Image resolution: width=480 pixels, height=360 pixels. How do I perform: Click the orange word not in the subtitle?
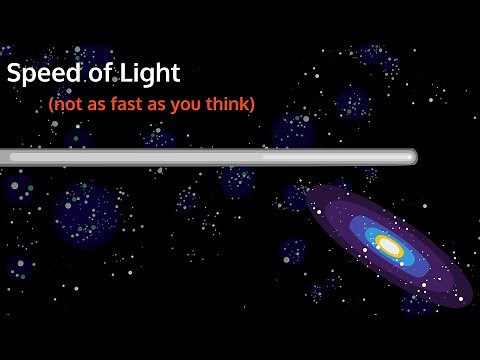64,103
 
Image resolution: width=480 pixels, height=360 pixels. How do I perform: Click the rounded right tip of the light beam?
411,156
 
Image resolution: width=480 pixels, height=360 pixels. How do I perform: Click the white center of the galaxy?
390,246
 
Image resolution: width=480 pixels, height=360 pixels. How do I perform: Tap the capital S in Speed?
14,74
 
